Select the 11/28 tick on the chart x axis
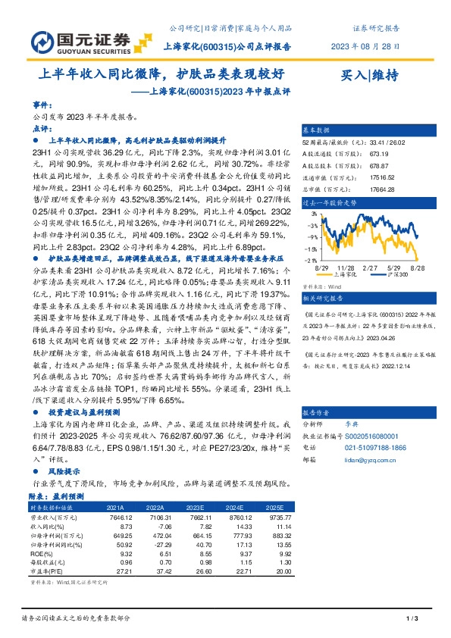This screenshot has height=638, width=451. [x=346, y=267]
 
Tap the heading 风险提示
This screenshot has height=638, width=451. [x=64, y=471]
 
